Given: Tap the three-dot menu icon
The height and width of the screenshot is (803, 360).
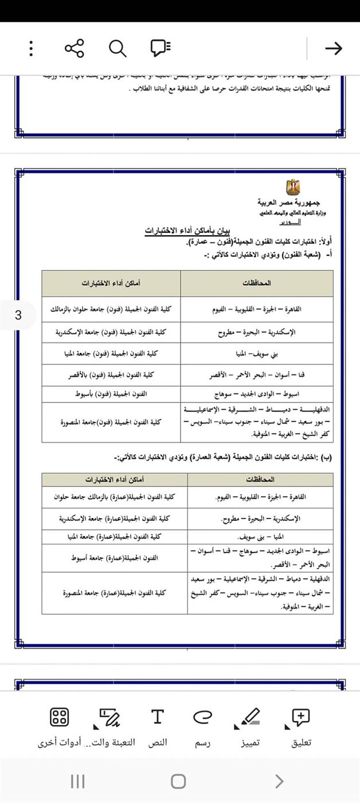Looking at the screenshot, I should click(x=31, y=48).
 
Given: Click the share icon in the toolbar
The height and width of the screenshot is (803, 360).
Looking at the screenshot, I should click(x=75, y=48).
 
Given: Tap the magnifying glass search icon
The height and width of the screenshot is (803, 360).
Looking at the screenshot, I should click(x=118, y=48).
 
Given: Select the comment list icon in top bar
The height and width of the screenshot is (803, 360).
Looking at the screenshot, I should click(x=161, y=48).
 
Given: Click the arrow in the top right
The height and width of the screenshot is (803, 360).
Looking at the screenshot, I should click(x=333, y=48).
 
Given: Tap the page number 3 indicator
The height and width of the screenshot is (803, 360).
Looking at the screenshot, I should click(x=18, y=315).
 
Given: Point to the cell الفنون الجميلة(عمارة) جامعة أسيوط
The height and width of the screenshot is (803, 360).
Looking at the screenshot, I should click(x=115, y=558).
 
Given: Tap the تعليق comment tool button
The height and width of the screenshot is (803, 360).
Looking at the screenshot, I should click(x=301, y=725).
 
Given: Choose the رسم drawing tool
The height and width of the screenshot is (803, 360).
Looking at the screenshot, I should click(x=202, y=725).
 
